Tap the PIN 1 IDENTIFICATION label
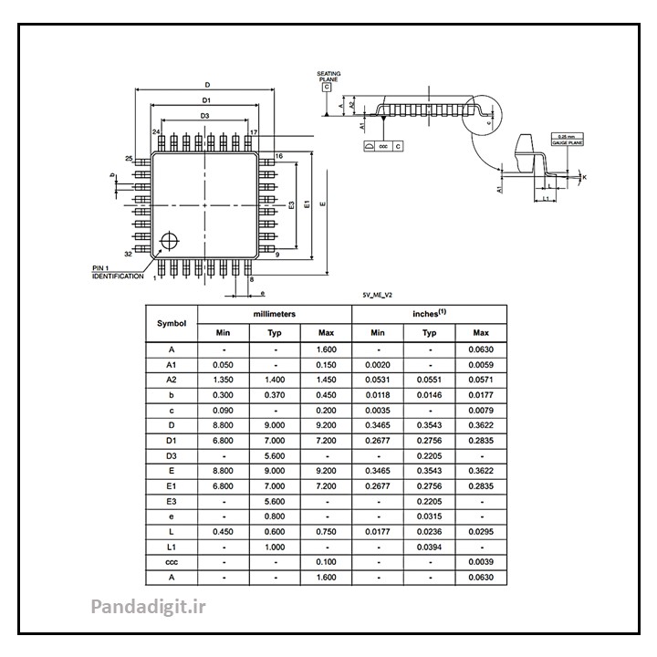click(x=118, y=271)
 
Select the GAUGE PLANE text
click(x=566, y=141)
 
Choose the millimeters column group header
click(x=274, y=313)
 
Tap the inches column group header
click(x=429, y=313)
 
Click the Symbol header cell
click(x=172, y=323)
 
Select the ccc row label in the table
click(x=172, y=561)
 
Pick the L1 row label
click(x=172, y=546)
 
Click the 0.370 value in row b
click(x=274, y=396)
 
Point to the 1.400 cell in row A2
click(x=274, y=380)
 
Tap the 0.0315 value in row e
click(x=429, y=516)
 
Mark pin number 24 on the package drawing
click(x=157, y=132)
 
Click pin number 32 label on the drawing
click(x=129, y=254)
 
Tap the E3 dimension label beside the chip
click(x=291, y=204)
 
